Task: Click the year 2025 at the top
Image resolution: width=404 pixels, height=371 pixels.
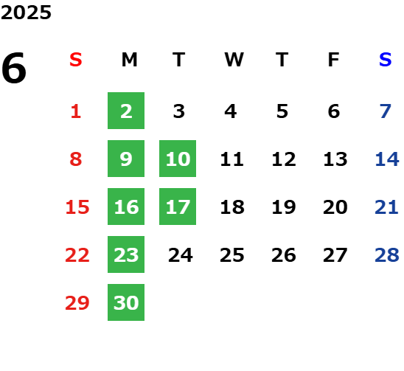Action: (26, 13)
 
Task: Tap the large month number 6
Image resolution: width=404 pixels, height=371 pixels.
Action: (14, 68)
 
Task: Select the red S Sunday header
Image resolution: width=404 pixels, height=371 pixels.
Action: (76, 60)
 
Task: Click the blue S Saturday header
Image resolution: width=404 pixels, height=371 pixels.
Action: (386, 60)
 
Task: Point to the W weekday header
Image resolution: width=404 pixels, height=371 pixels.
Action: (234, 60)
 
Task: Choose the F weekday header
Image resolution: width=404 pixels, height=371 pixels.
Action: (334, 60)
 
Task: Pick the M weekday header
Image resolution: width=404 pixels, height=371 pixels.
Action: (129, 60)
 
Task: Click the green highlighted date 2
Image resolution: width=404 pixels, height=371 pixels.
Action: (126, 111)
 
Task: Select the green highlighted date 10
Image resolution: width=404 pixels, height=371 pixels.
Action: (178, 159)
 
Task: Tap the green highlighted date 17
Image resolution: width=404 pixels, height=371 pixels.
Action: (178, 207)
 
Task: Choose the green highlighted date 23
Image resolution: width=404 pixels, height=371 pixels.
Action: (126, 254)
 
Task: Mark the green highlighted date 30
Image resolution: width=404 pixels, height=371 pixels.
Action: (126, 302)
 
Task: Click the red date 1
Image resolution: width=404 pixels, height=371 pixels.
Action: (76, 111)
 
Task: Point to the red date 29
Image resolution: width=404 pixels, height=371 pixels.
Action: (77, 302)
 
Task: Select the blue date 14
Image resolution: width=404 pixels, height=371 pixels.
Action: (387, 159)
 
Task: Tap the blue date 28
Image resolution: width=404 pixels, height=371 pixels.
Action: (387, 255)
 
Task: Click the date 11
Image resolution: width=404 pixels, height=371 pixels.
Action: (232, 159)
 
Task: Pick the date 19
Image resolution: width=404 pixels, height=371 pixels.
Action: (284, 207)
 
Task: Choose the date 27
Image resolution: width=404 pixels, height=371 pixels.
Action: (335, 255)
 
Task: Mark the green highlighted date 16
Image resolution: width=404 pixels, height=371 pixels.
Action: (126, 207)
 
